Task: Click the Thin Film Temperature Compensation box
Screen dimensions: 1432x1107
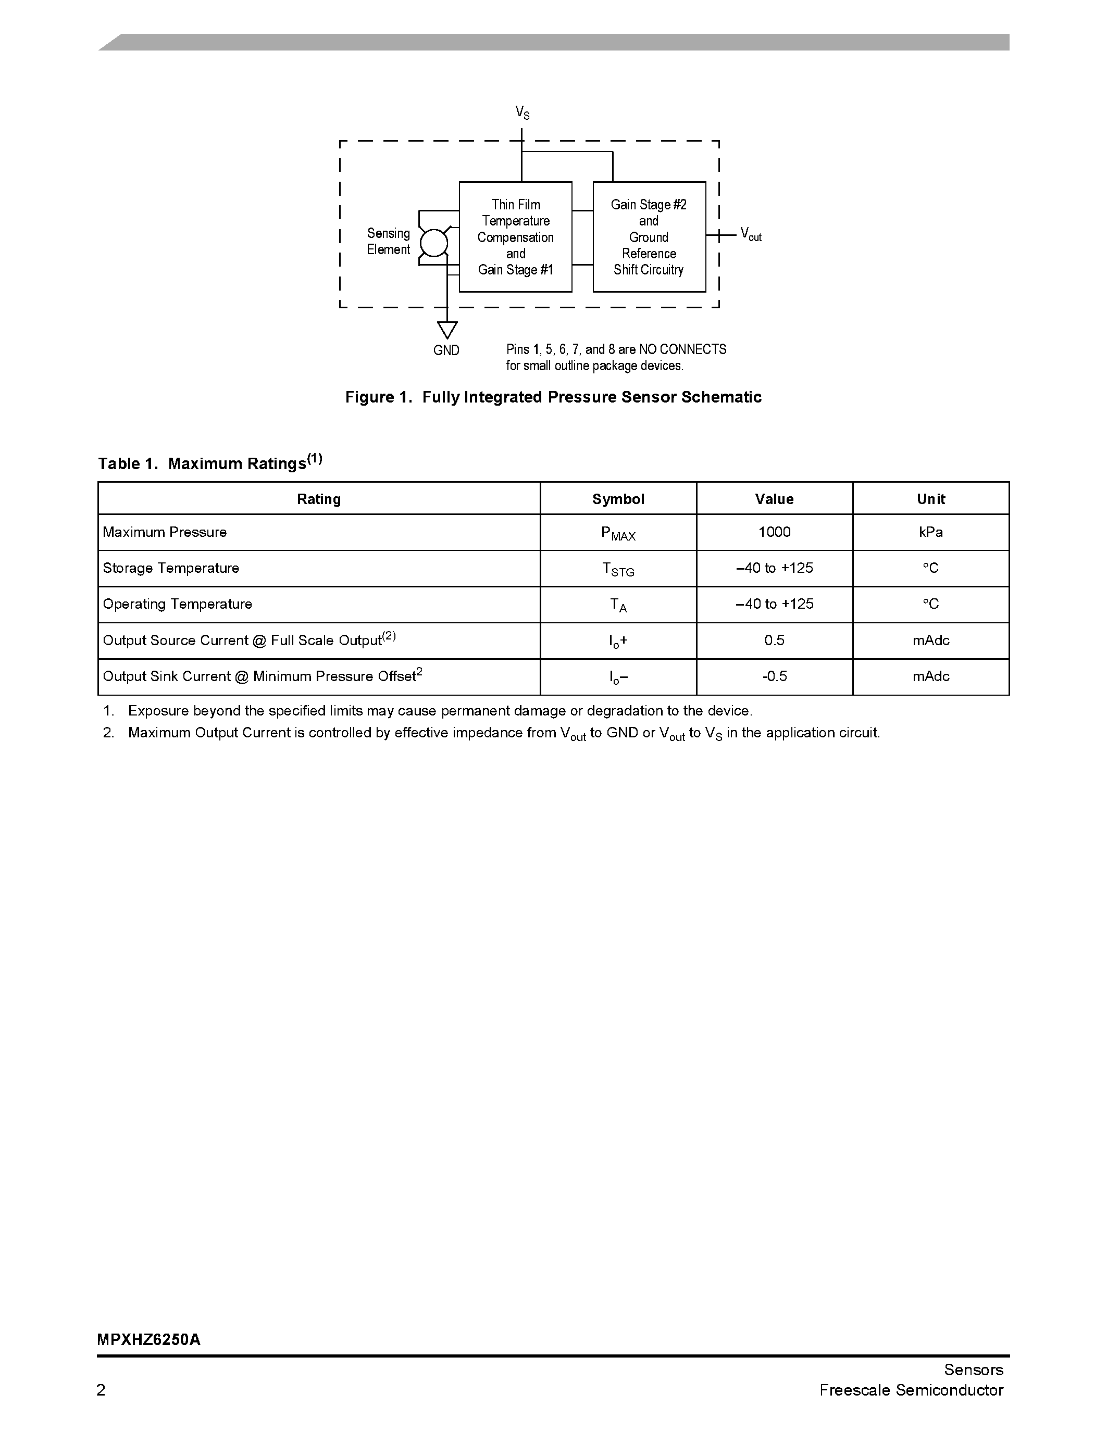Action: (515, 237)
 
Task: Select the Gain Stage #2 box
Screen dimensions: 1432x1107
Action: (649, 237)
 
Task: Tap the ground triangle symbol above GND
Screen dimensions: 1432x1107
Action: (447, 330)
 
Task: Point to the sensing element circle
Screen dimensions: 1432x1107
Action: (433, 243)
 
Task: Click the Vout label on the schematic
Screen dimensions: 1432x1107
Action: (750, 234)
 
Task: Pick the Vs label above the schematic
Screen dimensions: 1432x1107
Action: (522, 113)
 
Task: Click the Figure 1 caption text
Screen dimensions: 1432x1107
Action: (553, 397)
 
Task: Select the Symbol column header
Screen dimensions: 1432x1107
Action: (618, 499)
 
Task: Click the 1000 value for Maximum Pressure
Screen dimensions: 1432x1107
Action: (774, 532)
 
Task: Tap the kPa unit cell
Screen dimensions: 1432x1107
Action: (930, 532)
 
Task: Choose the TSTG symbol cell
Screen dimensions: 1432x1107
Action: (618, 569)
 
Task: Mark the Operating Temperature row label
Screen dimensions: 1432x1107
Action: (177, 604)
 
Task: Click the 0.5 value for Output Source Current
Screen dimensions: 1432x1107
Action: (774, 640)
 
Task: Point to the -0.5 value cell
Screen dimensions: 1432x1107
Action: (774, 676)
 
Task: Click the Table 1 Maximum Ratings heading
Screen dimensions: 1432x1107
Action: (210, 463)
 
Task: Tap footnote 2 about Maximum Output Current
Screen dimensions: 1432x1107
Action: (503, 733)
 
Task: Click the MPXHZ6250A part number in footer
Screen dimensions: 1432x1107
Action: (149, 1339)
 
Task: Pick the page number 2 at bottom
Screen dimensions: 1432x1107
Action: (101, 1390)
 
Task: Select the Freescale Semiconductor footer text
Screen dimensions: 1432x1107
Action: (911, 1390)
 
